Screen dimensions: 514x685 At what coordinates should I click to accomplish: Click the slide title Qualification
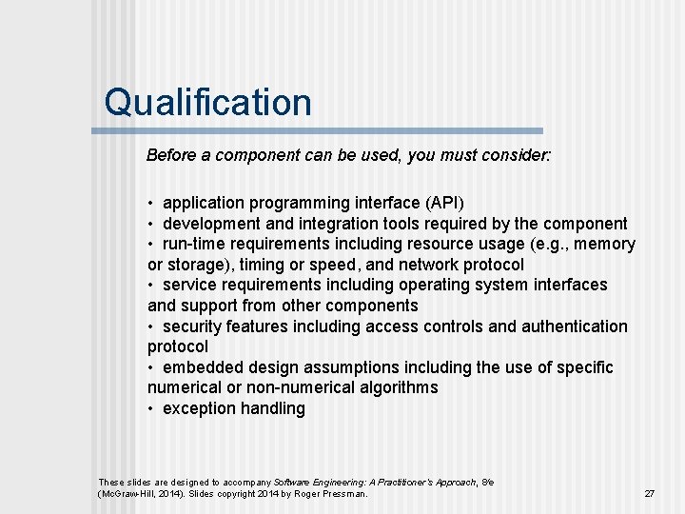(207, 102)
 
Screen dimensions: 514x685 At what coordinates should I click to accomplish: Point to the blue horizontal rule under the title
(323, 130)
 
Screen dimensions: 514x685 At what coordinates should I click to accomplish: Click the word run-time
(195, 244)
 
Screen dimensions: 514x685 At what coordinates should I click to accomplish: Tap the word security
(194, 326)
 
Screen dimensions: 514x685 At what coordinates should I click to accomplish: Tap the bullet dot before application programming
(151, 204)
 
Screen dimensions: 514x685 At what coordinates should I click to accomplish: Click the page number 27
(650, 494)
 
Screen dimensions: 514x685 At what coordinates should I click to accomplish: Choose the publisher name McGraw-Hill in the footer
(126, 494)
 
